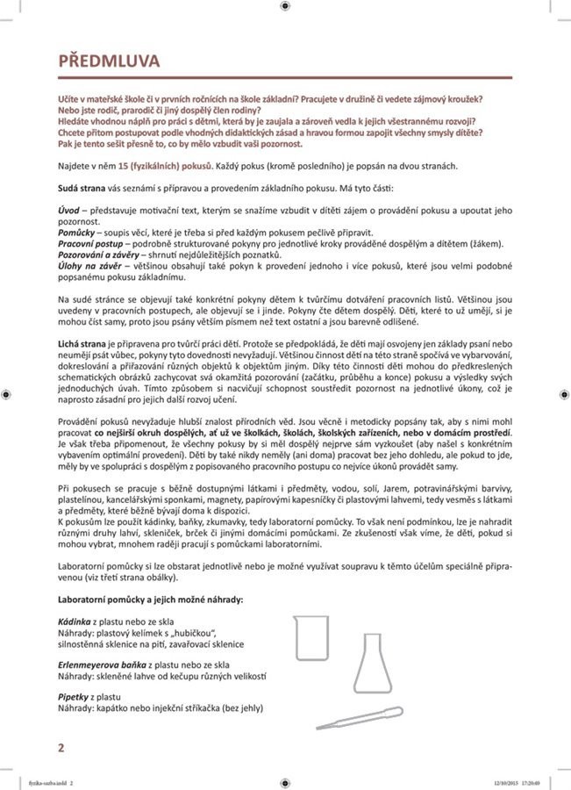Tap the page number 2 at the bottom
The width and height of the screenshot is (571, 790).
coord(61,748)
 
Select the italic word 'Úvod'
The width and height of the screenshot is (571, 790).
coord(68,212)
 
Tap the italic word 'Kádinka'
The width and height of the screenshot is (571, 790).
coord(74,621)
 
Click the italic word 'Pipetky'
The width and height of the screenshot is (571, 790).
coord(74,696)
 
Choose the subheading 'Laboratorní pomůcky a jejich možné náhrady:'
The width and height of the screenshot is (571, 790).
coord(150,599)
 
